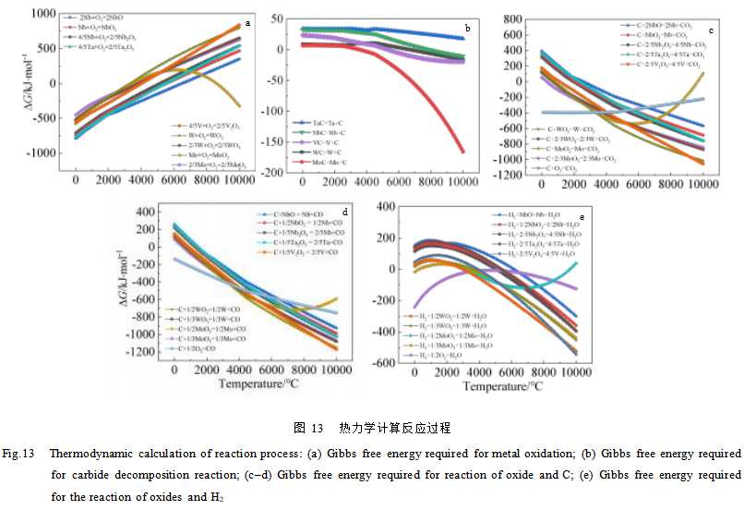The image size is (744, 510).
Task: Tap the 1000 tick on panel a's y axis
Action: pyautogui.click(x=42, y=13)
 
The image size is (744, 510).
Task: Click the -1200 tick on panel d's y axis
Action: pyautogui.click(x=146, y=352)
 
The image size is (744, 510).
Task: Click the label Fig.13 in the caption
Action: pyautogui.click(x=18, y=454)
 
